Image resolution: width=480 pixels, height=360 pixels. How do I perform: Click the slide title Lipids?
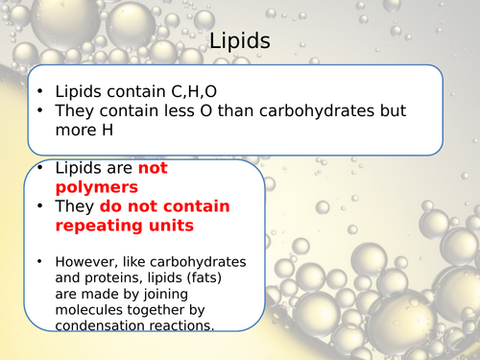point(239,42)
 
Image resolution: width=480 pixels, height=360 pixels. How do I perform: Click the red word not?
point(154,168)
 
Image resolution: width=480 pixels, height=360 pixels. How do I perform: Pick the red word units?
point(170,227)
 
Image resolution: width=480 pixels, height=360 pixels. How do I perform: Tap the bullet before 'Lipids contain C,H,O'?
point(39,90)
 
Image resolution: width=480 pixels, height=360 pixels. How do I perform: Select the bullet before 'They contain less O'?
point(39,111)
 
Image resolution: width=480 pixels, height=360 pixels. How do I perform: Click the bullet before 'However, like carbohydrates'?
point(39,261)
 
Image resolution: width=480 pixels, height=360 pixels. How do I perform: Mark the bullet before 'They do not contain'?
point(39,207)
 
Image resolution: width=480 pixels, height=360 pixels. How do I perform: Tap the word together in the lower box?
point(163,308)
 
